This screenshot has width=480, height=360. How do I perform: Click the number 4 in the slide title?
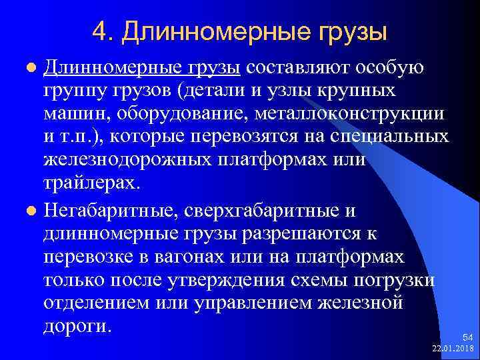pyautogui.click(x=101, y=30)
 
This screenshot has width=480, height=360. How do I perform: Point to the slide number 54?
pyautogui.click(x=467, y=338)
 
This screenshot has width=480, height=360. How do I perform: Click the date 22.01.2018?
pyautogui.click(x=453, y=349)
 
